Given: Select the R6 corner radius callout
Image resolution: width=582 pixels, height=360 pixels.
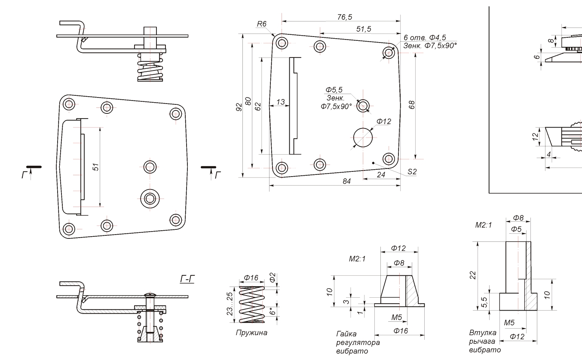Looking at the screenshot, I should [262, 24].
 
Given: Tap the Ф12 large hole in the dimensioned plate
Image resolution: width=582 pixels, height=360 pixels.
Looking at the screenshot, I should [364, 137].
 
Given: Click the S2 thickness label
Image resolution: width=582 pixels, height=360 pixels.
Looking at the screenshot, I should [412, 171].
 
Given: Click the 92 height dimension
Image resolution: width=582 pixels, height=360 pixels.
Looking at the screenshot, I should [239, 106].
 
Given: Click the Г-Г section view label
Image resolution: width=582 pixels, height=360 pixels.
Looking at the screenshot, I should [187, 280].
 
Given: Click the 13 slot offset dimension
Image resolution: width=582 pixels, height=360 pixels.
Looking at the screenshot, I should [281, 102].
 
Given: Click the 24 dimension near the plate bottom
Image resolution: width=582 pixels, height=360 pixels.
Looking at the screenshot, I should [381, 175].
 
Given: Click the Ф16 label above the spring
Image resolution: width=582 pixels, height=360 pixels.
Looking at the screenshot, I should [251, 278].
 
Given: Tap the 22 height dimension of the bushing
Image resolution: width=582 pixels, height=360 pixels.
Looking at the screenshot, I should [473, 275].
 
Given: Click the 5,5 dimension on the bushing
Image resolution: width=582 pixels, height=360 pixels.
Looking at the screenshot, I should [484, 302].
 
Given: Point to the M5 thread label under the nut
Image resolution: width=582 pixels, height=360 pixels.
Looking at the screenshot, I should [396, 317].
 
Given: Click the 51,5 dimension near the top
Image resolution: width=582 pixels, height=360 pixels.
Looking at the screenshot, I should [364, 29].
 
